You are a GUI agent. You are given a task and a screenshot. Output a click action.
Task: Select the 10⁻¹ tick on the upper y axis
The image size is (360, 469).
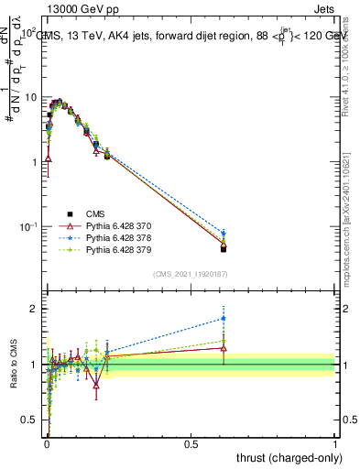pos(28,225)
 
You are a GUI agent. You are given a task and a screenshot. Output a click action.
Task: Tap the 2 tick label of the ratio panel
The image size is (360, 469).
pos(34,309)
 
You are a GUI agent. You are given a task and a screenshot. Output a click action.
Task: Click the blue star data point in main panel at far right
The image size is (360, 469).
pos(224,234)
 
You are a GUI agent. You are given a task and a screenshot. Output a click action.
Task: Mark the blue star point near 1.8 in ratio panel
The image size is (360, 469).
pos(224,319)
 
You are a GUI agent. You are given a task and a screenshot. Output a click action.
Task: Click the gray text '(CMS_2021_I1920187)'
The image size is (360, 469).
pos(191,274)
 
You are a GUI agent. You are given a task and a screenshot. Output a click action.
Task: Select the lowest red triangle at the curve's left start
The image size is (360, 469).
pos(48,158)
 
